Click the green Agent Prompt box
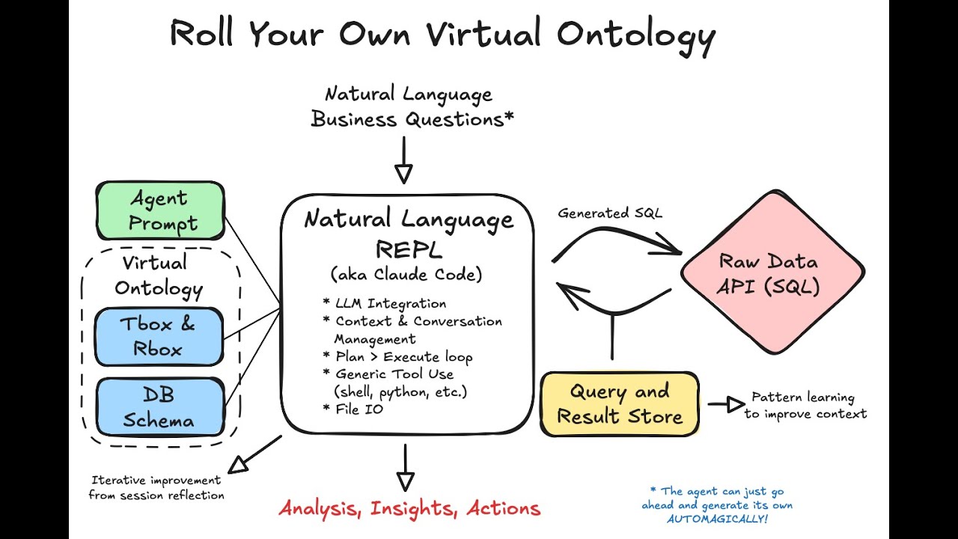160,210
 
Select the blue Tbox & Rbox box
159,336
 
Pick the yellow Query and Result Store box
620,404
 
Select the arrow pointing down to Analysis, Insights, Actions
405,468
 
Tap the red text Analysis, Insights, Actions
409,509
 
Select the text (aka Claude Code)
407,275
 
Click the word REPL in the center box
408,248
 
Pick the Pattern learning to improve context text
805,405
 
